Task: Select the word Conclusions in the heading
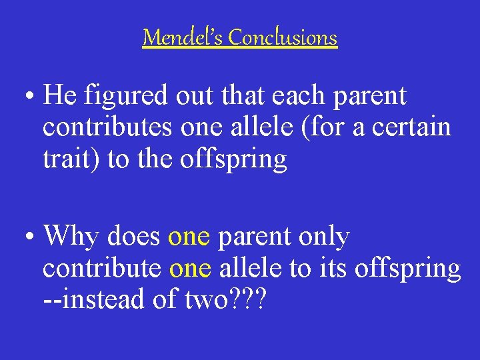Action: coord(283,37)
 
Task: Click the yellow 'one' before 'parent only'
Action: coord(189,237)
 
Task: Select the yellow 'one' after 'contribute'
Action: coord(190,269)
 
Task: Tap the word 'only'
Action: coord(325,237)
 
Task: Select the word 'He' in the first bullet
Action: coord(59,97)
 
